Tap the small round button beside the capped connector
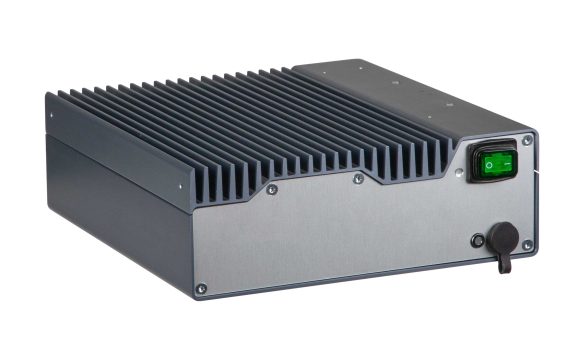click(477, 241)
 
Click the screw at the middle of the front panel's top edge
click(359, 180)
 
